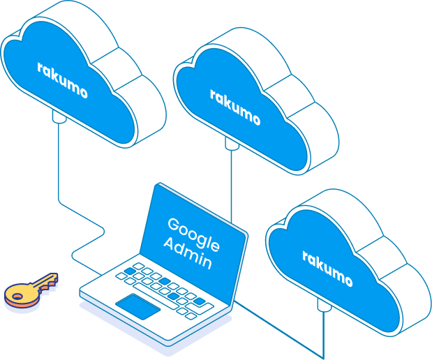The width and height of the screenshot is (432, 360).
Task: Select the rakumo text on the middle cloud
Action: pos(235,107)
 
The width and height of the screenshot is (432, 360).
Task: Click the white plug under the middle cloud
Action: pos(231,142)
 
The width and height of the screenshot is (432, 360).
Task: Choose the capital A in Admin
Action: pos(168,243)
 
